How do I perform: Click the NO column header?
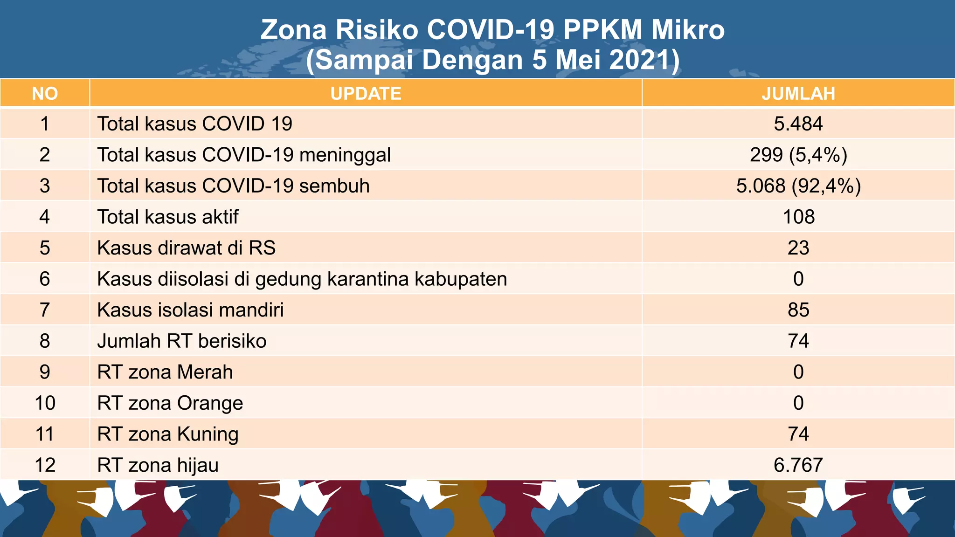pos(45,94)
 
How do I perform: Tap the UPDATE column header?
pos(366,94)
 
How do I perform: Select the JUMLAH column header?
pos(798,94)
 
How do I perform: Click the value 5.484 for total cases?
pos(798,124)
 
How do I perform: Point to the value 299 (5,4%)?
pos(798,155)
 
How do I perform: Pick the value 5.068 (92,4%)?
pos(798,186)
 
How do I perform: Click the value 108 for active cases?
pos(798,217)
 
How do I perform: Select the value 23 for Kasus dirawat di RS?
pos(798,248)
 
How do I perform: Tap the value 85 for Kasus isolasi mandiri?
pos(798,310)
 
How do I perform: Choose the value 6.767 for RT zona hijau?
pos(798,465)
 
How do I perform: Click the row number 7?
pos(45,310)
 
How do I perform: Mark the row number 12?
pos(45,465)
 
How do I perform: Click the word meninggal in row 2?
pos(345,155)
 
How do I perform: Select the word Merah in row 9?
pos(205,372)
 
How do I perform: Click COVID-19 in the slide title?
pos(491,30)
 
